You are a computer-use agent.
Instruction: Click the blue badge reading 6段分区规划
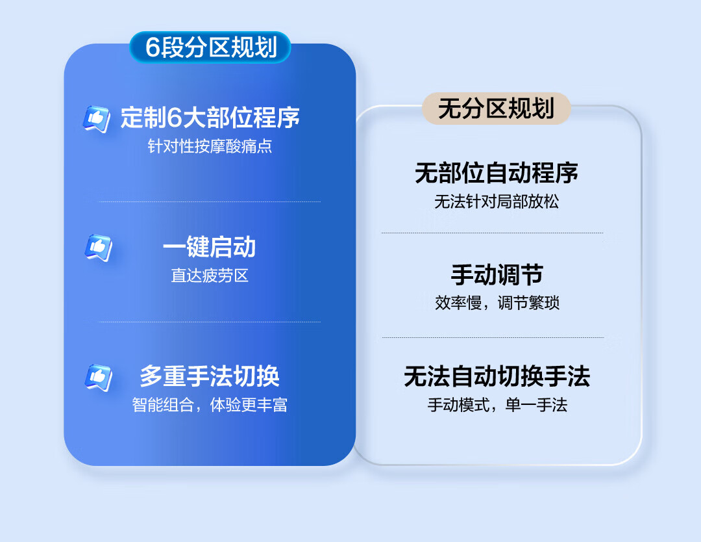click(x=210, y=47)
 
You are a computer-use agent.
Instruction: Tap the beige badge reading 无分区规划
click(x=497, y=109)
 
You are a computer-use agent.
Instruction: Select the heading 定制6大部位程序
click(x=210, y=118)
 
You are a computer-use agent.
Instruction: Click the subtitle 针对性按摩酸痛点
click(x=210, y=146)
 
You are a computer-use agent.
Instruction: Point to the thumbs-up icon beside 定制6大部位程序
click(x=97, y=119)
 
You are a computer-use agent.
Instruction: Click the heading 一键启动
click(x=209, y=246)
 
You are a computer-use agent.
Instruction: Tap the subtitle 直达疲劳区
click(x=210, y=276)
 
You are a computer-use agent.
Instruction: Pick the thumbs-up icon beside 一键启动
click(x=99, y=248)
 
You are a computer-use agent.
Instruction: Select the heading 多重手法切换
click(x=210, y=376)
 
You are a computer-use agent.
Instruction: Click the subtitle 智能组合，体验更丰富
click(x=210, y=405)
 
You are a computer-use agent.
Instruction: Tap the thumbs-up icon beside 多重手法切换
click(x=99, y=378)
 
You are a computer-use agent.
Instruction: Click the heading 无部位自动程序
click(x=497, y=173)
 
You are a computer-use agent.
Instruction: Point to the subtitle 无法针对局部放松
click(x=497, y=201)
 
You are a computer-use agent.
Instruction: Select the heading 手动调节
click(x=497, y=274)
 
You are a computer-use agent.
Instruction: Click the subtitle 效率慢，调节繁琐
click(x=497, y=303)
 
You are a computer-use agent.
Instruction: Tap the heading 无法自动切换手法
click(x=497, y=376)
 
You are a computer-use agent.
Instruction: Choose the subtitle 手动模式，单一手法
click(x=497, y=405)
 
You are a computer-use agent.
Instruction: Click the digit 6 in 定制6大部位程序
click(x=175, y=118)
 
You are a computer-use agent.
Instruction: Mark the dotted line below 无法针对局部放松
click(x=492, y=233)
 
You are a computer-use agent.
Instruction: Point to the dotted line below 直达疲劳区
click(x=209, y=321)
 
